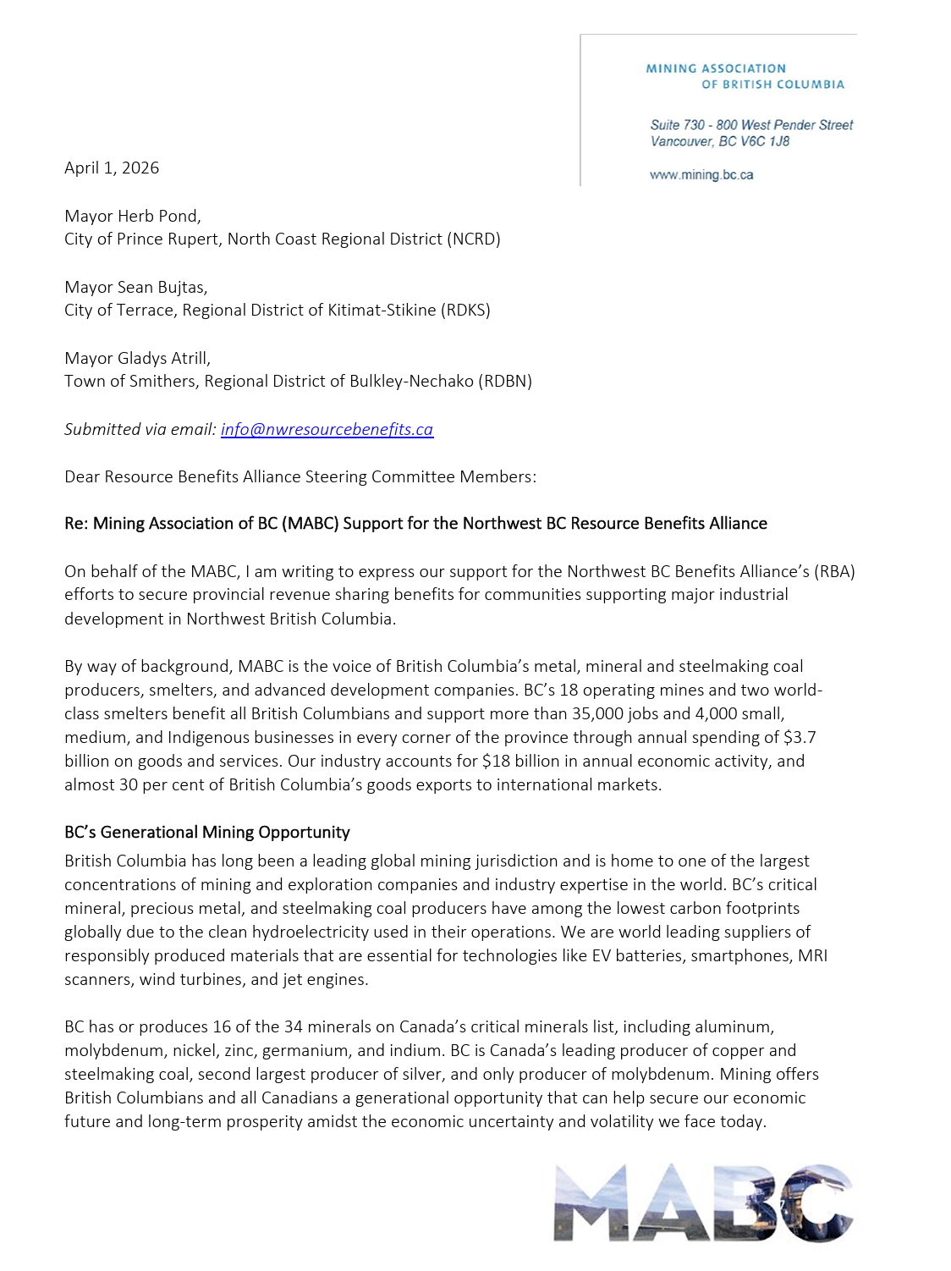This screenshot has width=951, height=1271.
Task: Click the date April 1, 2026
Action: pyautogui.click(x=112, y=168)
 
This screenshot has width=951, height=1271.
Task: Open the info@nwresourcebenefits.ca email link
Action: pyautogui.click(x=327, y=429)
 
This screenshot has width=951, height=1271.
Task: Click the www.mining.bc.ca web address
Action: pyautogui.click(x=701, y=175)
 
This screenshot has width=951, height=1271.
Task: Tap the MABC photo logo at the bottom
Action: pyautogui.click(x=703, y=1202)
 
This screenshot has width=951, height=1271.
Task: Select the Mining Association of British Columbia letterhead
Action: pyautogui.click(x=745, y=76)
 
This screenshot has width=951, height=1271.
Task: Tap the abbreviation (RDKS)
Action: pyautogui.click(x=465, y=310)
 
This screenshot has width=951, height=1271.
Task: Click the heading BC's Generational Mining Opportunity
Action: pyautogui.click(x=207, y=832)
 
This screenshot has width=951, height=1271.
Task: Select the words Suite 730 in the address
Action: pyautogui.click(x=677, y=125)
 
